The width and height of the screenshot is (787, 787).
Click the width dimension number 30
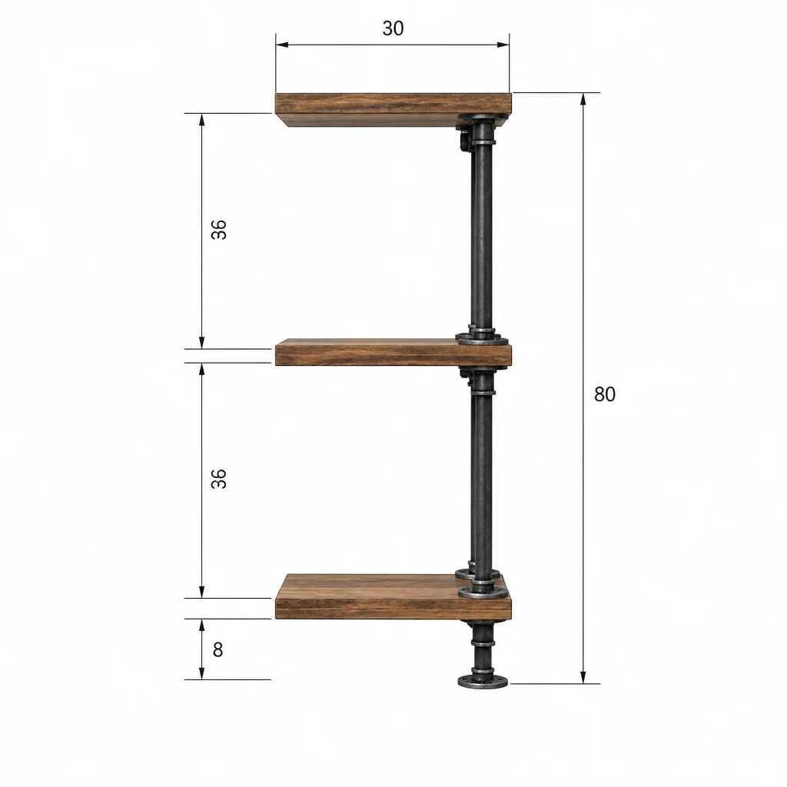tap(393, 28)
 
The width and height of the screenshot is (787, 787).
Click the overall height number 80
tap(604, 394)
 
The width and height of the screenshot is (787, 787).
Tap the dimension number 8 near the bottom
tap(218, 649)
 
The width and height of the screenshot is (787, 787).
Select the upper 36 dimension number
tap(219, 229)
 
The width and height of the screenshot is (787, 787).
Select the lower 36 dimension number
tap(219, 479)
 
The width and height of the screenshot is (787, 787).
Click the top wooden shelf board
tap(393, 109)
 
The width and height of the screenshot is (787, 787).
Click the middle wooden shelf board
tap(393, 352)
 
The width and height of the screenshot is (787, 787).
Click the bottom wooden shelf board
tap(393, 596)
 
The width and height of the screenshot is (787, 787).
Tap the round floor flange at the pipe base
tap(483, 682)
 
